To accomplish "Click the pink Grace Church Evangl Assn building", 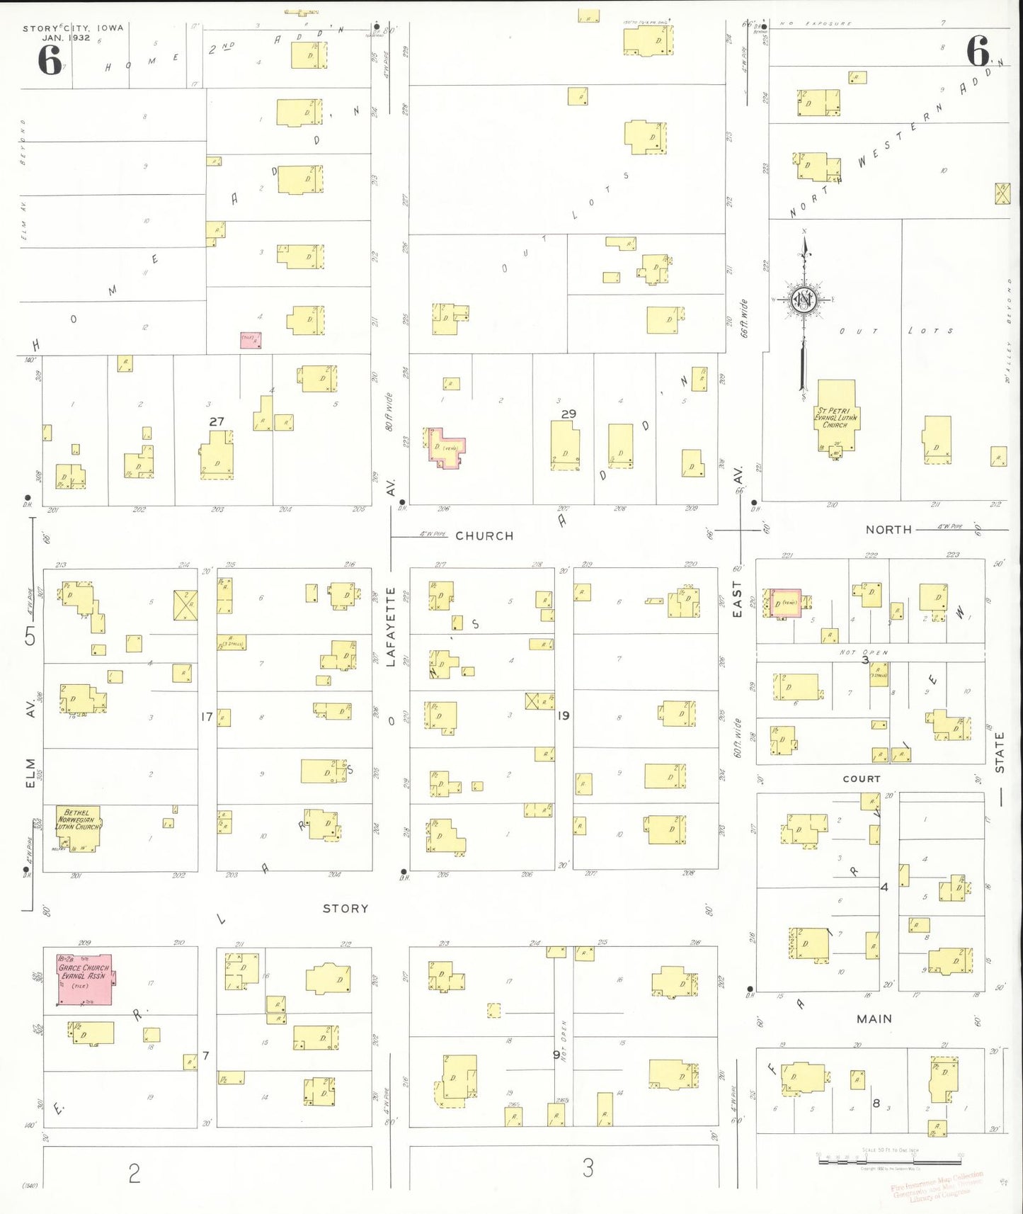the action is click(84, 979).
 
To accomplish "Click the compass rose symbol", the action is click(804, 300).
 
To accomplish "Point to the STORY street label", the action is click(345, 909).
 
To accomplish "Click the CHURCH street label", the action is click(484, 536).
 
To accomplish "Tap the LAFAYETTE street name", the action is click(391, 627).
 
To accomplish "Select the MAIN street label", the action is click(874, 1019).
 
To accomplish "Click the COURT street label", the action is click(862, 779).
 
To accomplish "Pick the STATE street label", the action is click(1000, 752).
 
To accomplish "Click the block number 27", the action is click(217, 421).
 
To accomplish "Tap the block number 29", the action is click(568, 414).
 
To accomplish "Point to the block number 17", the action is click(207, 717).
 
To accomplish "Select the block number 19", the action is click(564, 716).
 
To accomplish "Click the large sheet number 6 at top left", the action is click(50, 60).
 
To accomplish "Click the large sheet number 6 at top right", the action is click(978, 51).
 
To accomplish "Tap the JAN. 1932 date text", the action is click(66, 38).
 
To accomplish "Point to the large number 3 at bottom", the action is click(588, 1168).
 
